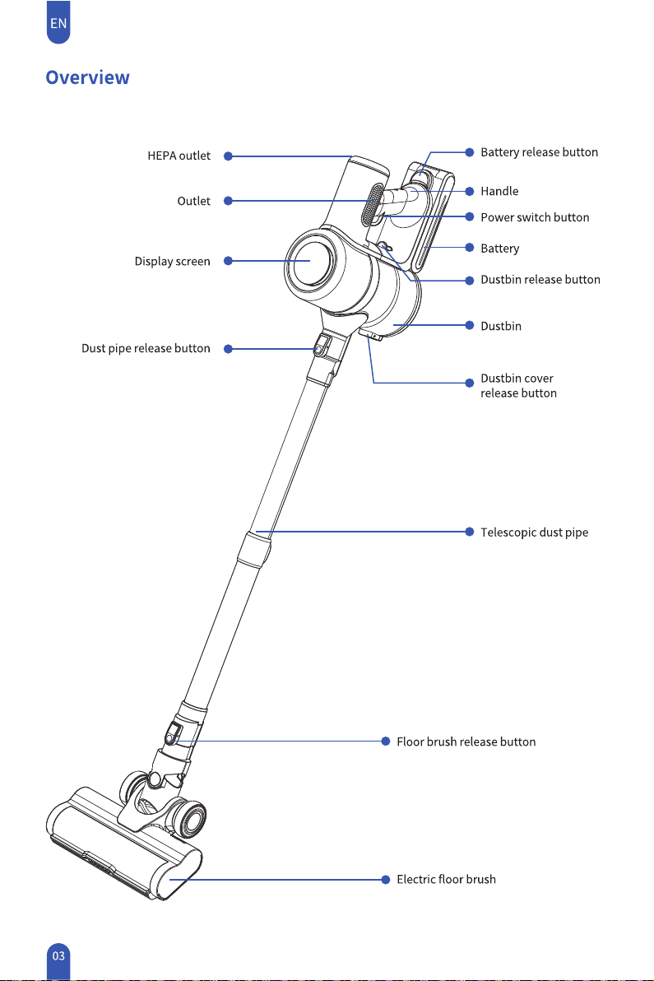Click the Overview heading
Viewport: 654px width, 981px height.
point(87,77)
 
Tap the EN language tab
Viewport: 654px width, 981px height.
point(58,22)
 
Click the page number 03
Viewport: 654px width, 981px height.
point(58,956)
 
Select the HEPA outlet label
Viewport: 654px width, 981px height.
point(179,156)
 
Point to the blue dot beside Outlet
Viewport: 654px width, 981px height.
point(228,201)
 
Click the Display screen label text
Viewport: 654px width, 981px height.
point(173,262)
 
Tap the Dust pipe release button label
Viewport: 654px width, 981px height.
point(146,348)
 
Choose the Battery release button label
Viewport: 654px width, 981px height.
point(539,152)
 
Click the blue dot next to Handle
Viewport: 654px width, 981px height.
point(470,192)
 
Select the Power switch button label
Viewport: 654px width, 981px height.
point(535,217)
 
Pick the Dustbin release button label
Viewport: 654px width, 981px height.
point(540,280)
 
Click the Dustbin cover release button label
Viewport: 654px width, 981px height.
point(518,385)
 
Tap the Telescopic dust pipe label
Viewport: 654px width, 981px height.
point(534,532)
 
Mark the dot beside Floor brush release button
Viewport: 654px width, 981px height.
point(386,742)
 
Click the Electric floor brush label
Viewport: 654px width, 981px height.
point(446,879)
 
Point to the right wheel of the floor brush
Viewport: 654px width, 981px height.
point(192,818)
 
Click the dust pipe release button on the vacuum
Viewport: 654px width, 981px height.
point(322,346)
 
